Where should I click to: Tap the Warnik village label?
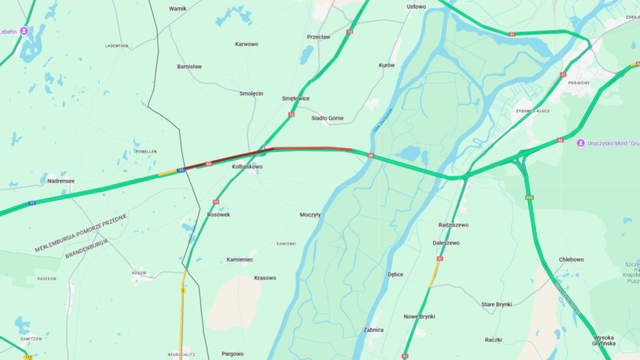pyautogui.click(x=178, y=9)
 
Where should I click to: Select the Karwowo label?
pyautogui.click(x=247, y=45)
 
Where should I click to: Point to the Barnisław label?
pyautogui.click(x=189, y=67)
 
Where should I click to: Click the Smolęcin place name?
pyautogui.click(x=251, y=94)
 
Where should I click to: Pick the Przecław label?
pyautogui.click(x=318, y=37)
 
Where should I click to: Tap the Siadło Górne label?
pyautogui.click(x=327, y=119)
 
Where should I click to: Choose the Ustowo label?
pyautogui.click(x=416, y=7)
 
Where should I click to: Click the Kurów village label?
pyautogui.click(x=387, y=65)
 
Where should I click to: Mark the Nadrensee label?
pyautogui.click(x=61, y=181)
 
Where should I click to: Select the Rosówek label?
pyautogui.click(x=219, y=215)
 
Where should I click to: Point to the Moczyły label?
pyautogui.click(x=310, y=215)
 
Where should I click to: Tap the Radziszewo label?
pyautogui.click(x=453, y=225)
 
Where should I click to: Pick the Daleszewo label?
pyautogui.click(x=446, y=243)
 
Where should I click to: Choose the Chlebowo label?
pyautogui.click(x=571, y=259)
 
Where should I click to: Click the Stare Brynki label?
pyautogui.click(x=497, y=305)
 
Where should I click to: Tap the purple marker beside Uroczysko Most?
pyautogui.click(x=581, y=143)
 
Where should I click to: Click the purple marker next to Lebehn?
pyautogui.click(x=25, y=31)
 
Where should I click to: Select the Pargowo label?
pyautogui.click(x=233, y=354)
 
